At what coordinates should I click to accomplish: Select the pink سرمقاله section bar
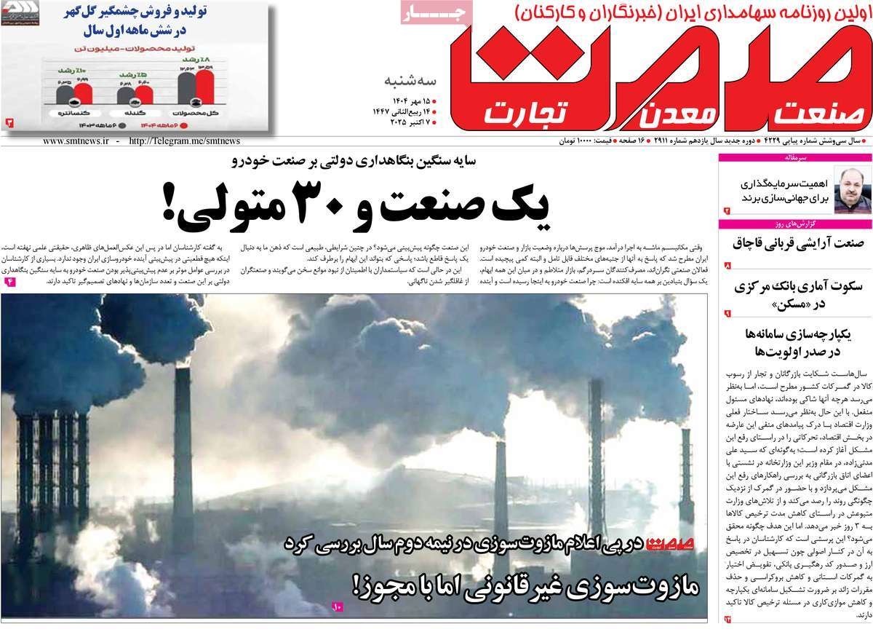[x=794, y=157]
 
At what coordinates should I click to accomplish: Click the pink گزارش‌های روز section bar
[x=794, y=224]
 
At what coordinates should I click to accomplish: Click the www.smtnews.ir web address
[x=75, y=141]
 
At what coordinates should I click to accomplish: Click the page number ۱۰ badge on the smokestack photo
[x=337, y=606]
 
